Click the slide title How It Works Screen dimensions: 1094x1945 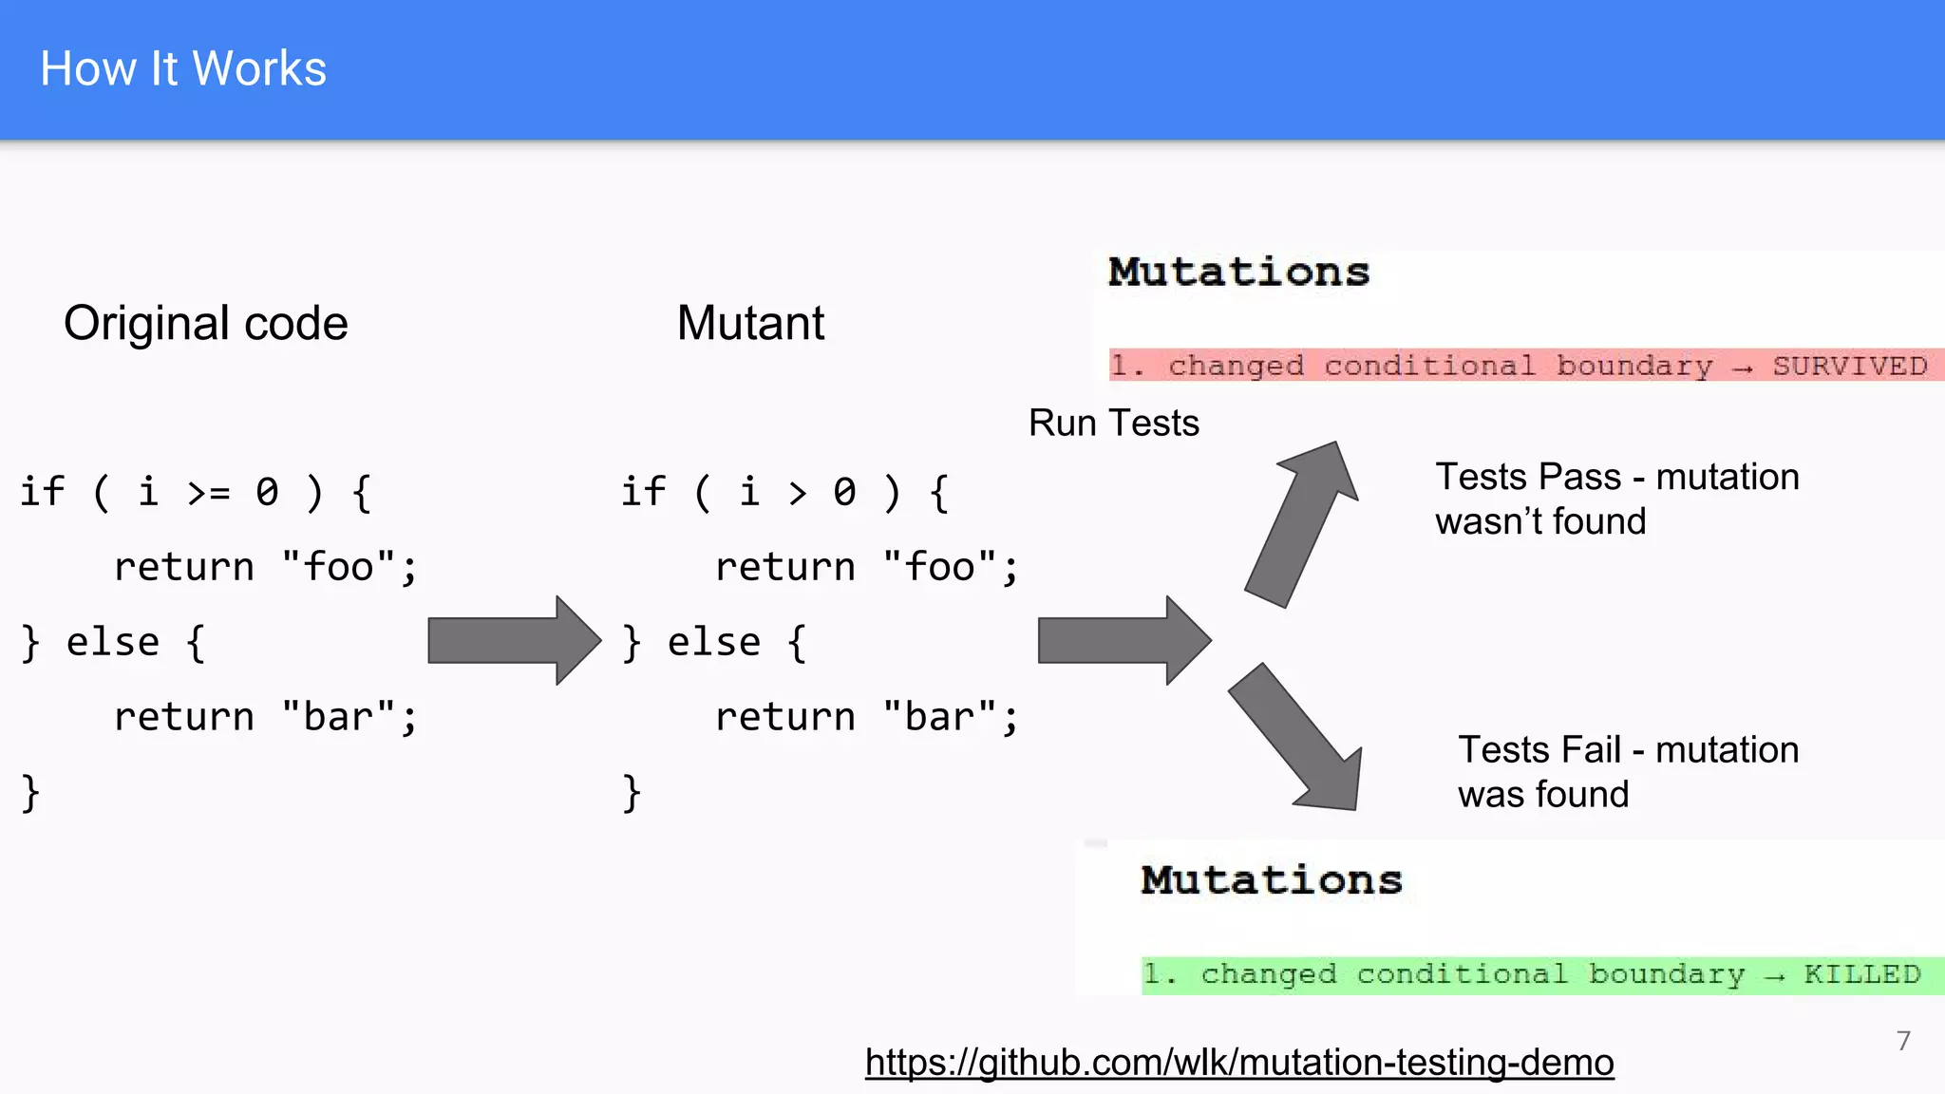(183, 68)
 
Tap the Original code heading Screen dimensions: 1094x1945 (205, 323)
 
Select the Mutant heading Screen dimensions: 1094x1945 (750, 323)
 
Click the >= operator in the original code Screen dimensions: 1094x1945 (208, 493)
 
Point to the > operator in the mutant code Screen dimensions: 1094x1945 (797, 493)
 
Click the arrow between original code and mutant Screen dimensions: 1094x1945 (513, 641)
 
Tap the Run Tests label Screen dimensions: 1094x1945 (1113, 423)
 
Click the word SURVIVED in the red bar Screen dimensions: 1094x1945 (1849, 366)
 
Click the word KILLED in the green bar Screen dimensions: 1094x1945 (1861, 974)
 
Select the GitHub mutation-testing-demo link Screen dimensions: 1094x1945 (1238, 1062)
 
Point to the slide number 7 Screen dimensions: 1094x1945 (1903, 1041)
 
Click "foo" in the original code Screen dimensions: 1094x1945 (338, 568)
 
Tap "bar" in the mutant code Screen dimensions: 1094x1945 (939, 717)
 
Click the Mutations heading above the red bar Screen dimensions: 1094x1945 (1238, 273)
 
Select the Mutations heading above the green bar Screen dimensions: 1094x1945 (1271, 880)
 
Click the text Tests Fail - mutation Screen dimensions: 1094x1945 (1628, 750)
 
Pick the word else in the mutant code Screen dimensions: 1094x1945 (713, 643)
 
